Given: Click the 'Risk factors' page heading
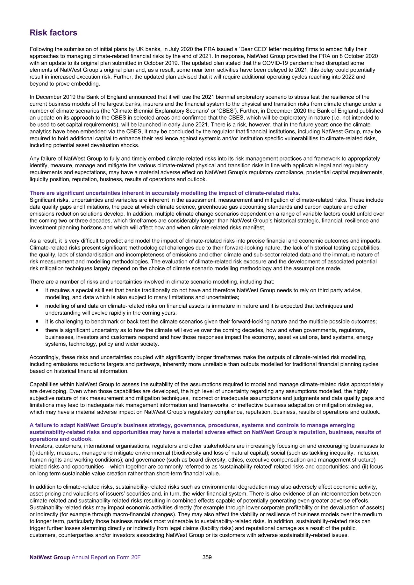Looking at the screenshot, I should pyautogui.click(x=53, y=33).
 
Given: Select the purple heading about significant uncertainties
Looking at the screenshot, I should pyautogui.click(x=165, y=193).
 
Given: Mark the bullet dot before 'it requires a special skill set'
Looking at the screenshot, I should pyautogui.click(x=38, y=290).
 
